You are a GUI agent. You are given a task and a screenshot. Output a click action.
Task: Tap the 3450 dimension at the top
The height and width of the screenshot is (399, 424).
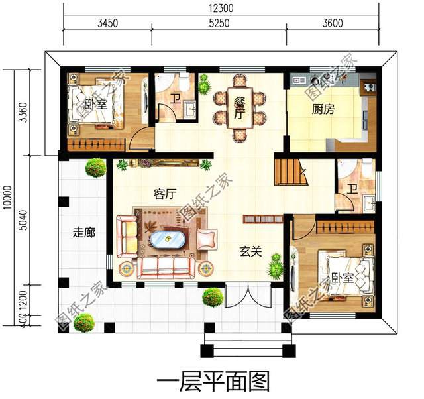coord(107,22)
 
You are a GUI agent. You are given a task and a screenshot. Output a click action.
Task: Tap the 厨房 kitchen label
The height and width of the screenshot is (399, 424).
coord(323,110)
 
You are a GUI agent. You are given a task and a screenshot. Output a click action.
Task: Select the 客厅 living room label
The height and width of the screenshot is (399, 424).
coord(164,194)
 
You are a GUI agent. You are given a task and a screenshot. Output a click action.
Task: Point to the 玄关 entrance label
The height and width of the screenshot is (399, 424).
coord(250,251)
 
